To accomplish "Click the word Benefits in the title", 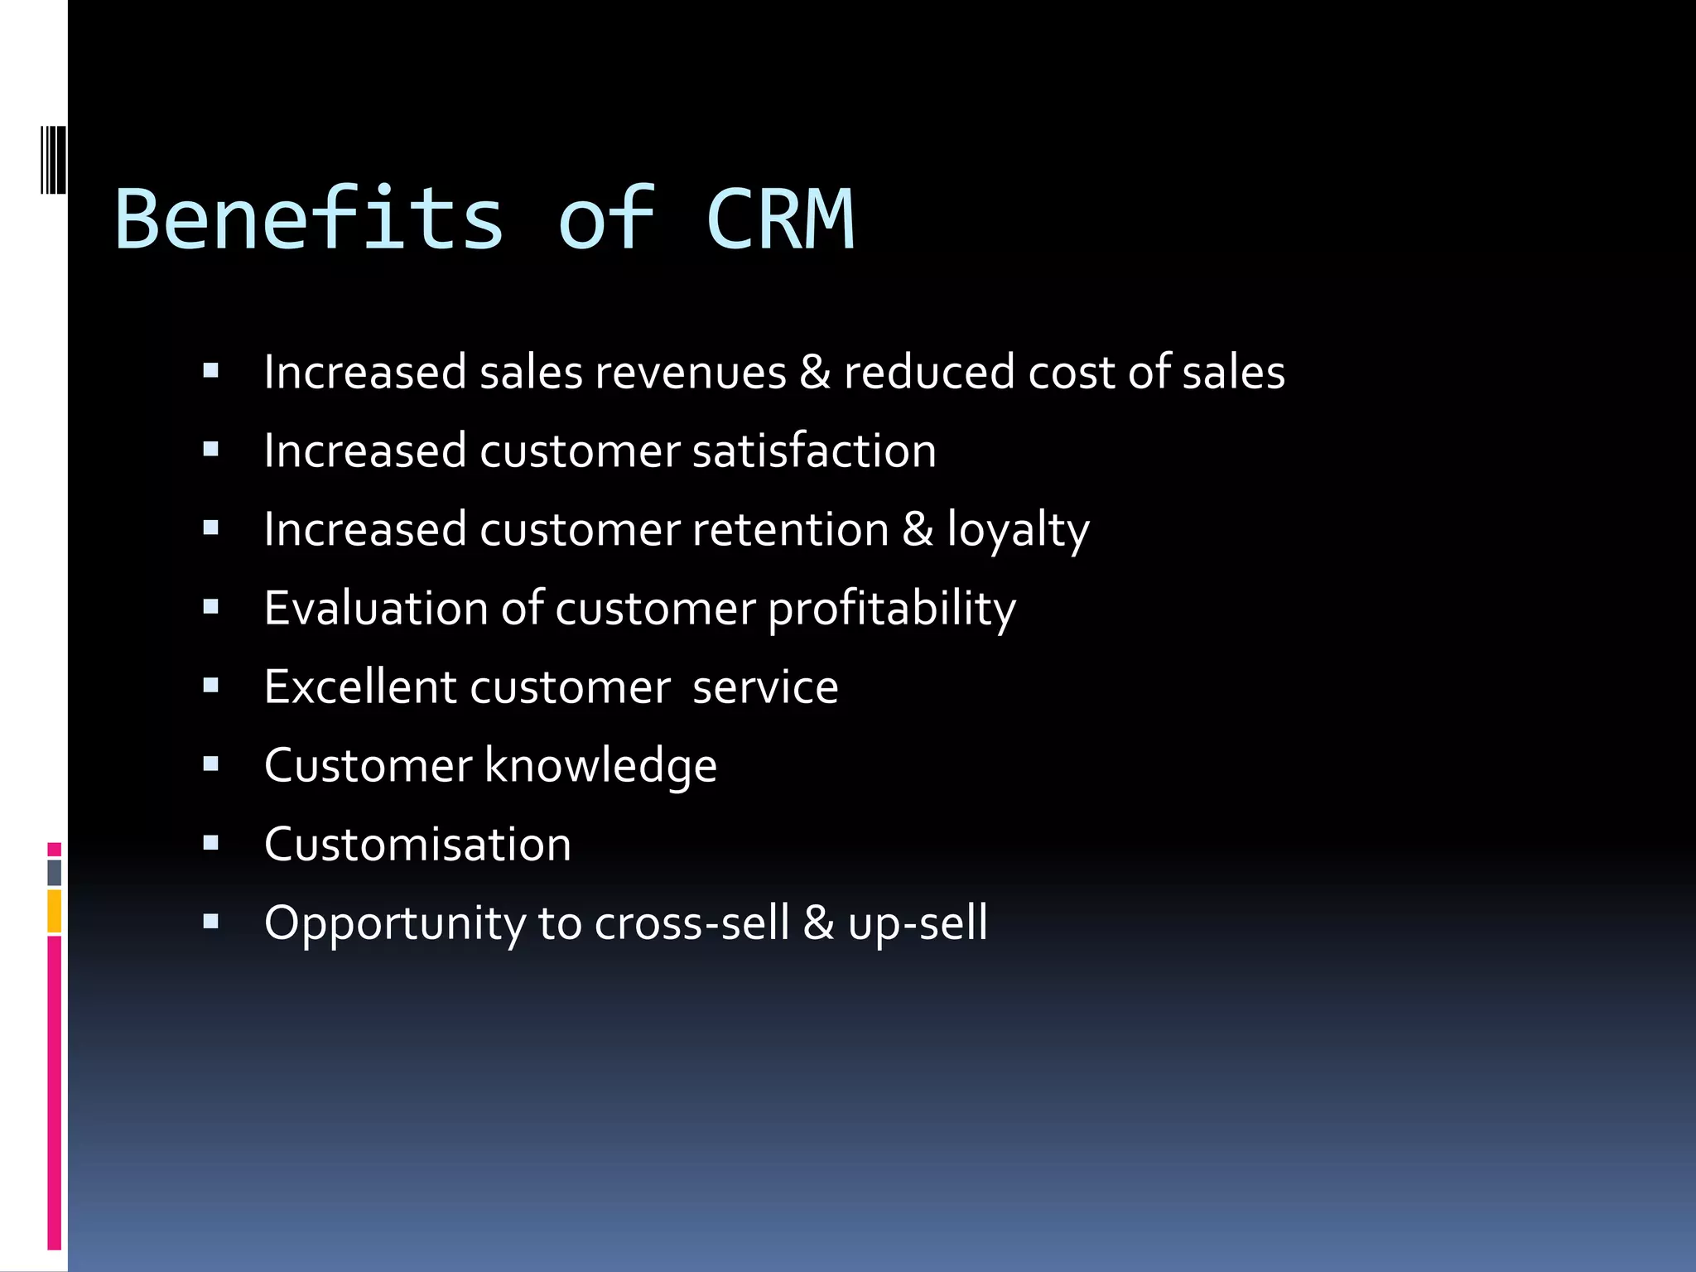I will point(309,219).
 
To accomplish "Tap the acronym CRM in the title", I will point(780,219).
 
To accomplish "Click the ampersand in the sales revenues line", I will point(815,372).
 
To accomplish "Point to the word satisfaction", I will point(814,450).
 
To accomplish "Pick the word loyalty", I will point(1018,530).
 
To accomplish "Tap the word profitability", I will point(892,609).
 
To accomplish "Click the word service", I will point(765,687).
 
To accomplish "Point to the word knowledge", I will point(600,766).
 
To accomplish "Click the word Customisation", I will point(417,845).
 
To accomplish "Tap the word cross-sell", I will point(691,923).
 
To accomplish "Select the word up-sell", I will point(918,924).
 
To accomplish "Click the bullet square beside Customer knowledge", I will point(210,764).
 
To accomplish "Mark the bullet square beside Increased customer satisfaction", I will point(210,450).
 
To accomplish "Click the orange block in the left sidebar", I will point(54,911).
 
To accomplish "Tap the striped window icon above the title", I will point(54,160).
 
